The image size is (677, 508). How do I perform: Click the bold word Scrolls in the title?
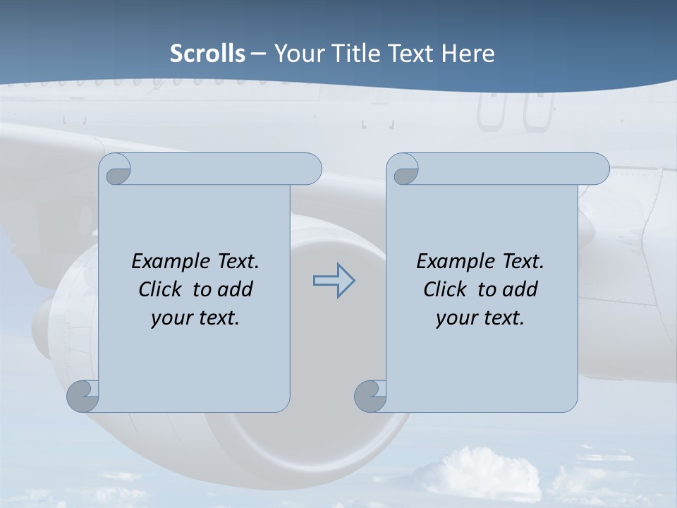tap(207, 53)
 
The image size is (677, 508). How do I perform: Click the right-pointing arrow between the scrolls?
tap(334, 281)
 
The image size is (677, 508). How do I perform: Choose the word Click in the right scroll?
tap(444, 289)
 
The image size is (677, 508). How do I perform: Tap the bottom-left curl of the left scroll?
tap(83, 396)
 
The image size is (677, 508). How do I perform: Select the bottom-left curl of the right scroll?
tap(371, 396)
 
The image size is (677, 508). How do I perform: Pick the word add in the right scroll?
tap(520, 289)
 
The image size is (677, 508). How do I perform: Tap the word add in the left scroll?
tap(235, 289)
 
